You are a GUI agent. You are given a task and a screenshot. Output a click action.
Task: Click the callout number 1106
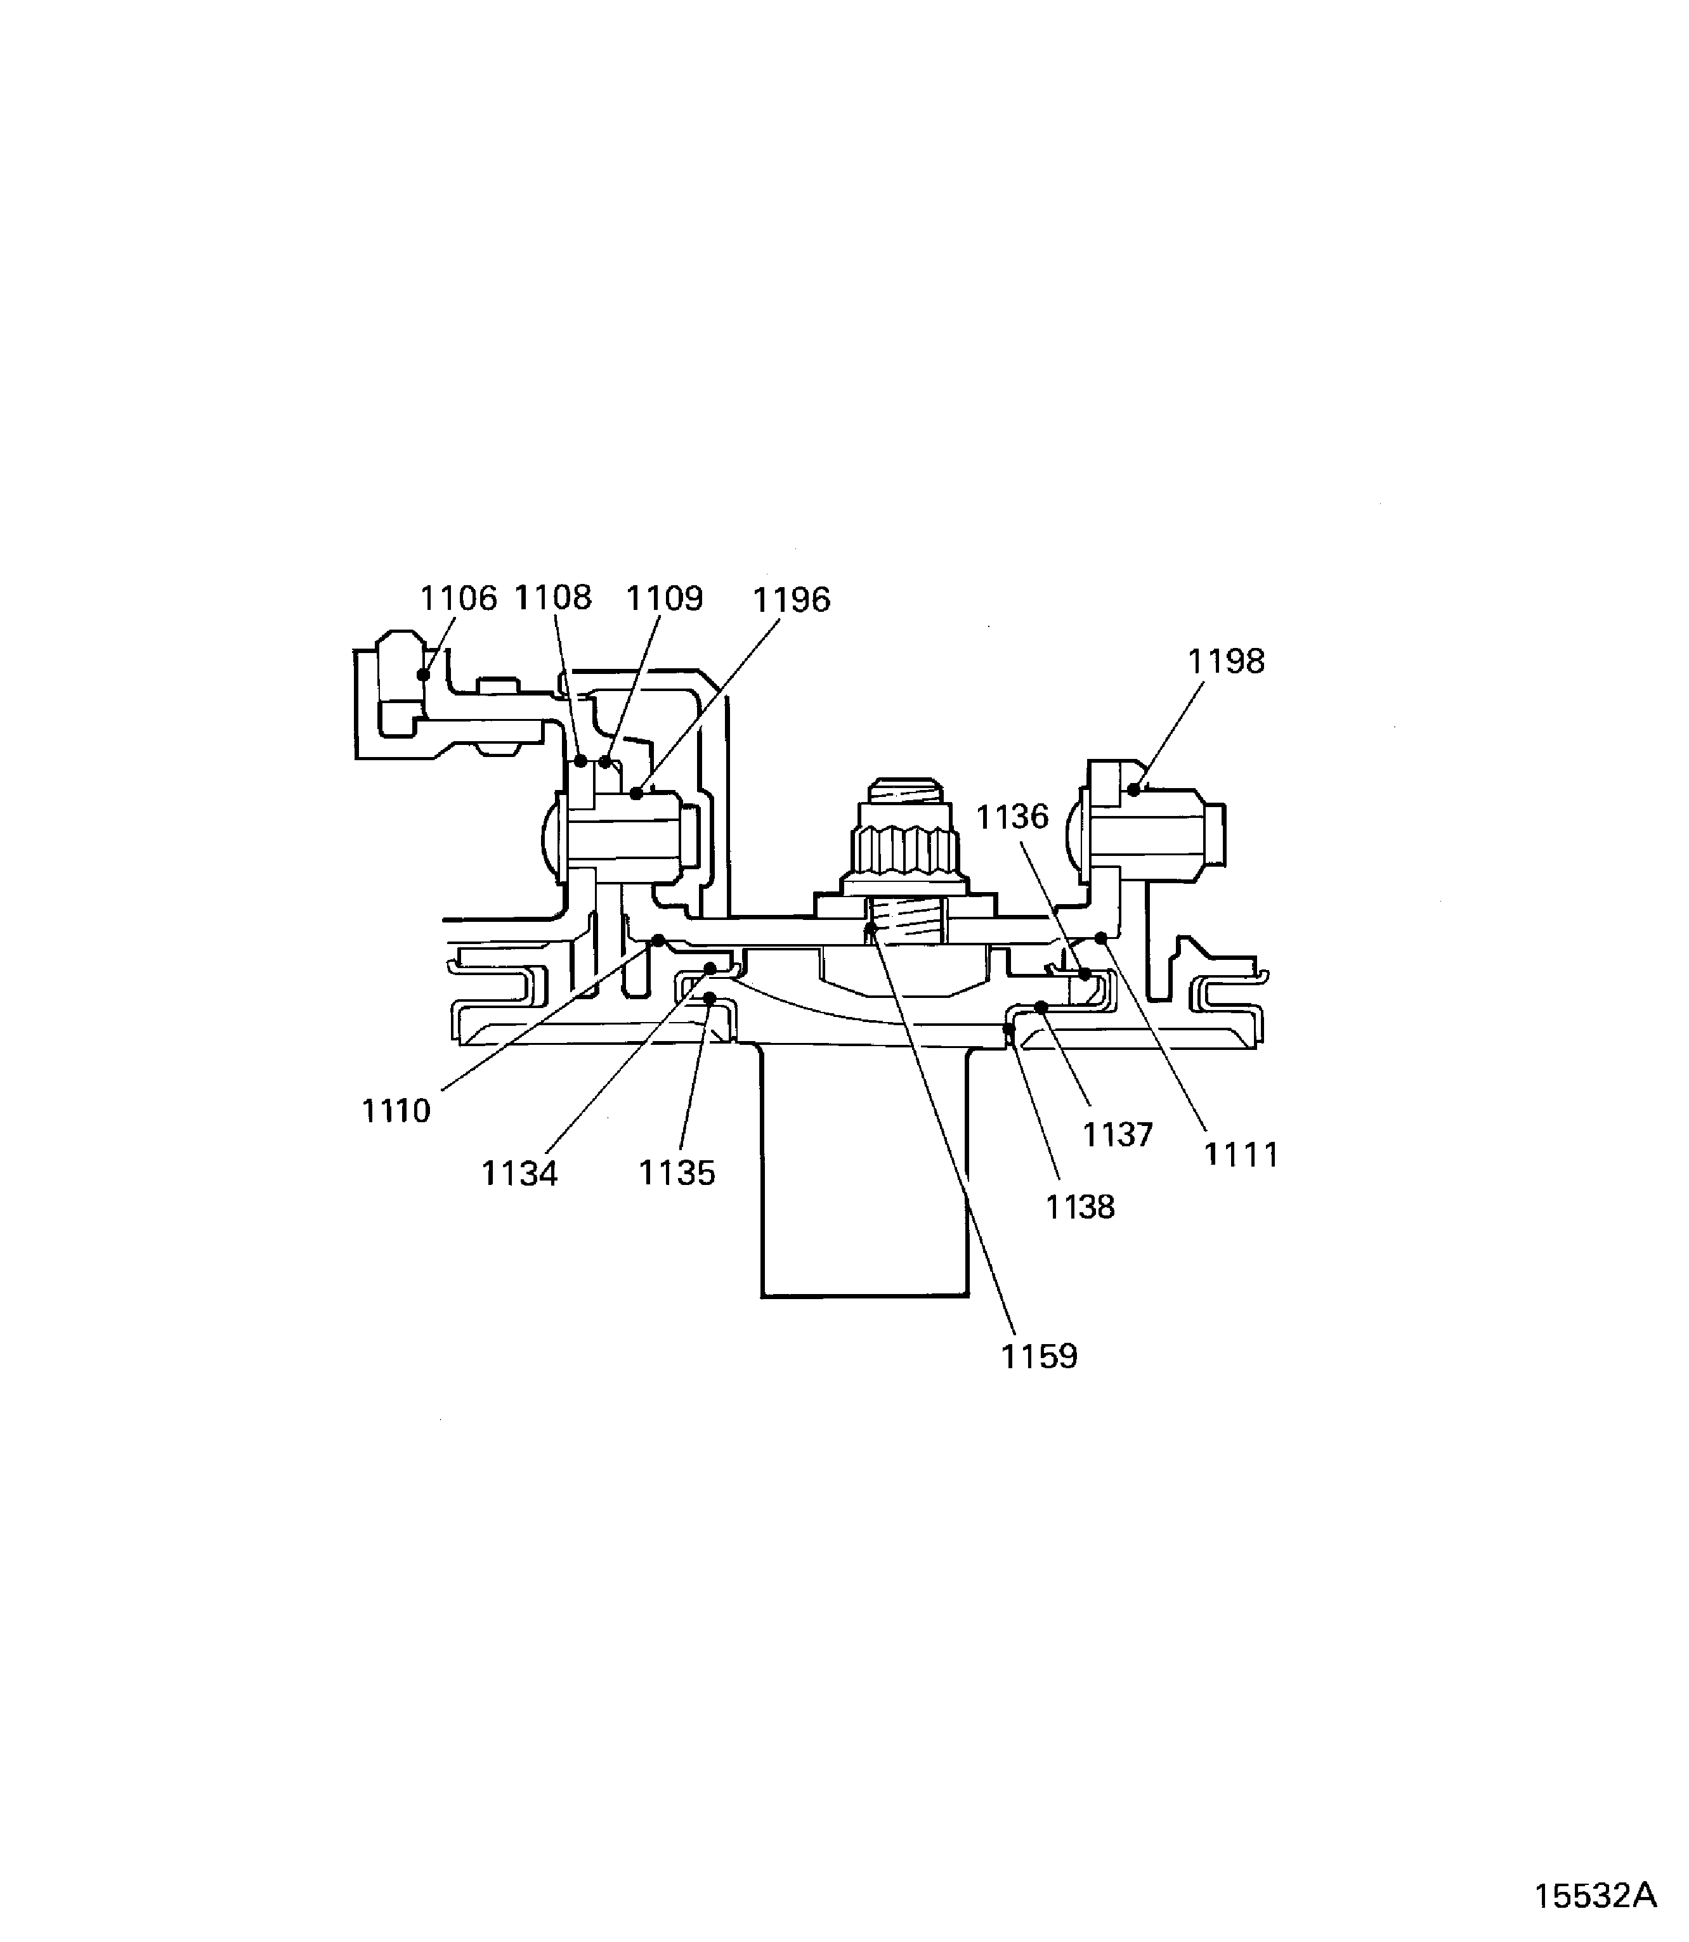point(457,599)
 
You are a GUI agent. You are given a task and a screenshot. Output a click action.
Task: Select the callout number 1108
point(553,599)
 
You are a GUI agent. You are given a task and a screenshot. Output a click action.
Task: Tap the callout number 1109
point(665,599)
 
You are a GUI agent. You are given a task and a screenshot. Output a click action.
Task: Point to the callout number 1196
point(791,600)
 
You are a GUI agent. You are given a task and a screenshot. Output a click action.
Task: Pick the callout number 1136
point(1012,817)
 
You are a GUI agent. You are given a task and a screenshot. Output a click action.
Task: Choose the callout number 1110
point(396,1112)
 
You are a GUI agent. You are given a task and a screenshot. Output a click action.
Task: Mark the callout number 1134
point(519,1174)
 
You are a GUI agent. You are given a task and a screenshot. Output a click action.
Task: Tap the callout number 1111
point(1241,1155)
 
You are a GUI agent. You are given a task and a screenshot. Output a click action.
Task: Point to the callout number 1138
point(1080,1207)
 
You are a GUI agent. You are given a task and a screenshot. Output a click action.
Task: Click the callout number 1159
point(1039,1357)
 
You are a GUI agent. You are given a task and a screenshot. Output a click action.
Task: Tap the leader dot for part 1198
point(1134,789)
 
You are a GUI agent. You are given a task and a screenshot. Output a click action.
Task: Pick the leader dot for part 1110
point(659,940)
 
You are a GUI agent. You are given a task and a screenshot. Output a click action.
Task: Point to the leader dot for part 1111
point(1100,938)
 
